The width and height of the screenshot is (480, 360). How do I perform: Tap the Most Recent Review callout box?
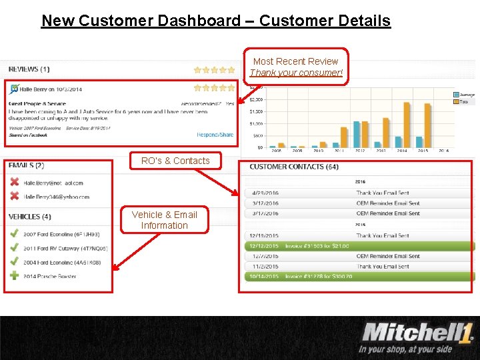(296, 67)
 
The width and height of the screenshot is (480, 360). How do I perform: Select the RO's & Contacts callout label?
(175, 161)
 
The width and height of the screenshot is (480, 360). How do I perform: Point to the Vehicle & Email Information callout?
(165, 220)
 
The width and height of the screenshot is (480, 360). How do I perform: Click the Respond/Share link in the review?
(215, 135)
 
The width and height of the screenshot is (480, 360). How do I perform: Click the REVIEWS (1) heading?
(29, 69)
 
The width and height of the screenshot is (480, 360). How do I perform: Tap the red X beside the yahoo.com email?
(14, 196)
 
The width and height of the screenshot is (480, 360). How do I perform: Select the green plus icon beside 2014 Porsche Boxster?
(14, 276)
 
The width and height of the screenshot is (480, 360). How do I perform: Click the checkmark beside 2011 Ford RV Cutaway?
(14, 248)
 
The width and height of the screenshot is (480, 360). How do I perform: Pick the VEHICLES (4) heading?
(29, 217)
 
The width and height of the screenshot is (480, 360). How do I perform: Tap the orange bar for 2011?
(344, 137)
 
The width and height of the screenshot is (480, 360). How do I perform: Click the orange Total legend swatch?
(457, 102)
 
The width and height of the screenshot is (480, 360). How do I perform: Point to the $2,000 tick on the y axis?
(256, 99)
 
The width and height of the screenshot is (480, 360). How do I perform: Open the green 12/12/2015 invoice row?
(360, 246)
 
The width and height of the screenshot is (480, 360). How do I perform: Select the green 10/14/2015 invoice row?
(360, 277)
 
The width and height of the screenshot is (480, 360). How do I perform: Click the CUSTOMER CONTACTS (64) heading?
(294, 167)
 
